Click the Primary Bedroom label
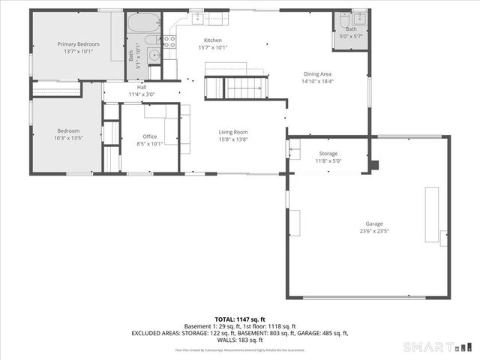(78, 44)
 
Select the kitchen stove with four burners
(169, 42)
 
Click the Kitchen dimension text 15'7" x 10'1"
(213, 48)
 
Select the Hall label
(142, 87)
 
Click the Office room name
(151, 136)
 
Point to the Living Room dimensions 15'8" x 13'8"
(233, 139)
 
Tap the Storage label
(328, 154)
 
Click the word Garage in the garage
(374, 223)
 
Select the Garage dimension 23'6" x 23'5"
(374, 231)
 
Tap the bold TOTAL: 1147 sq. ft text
(240, 319)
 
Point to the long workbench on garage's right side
(433, 214)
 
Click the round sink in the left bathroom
(154, 54)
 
